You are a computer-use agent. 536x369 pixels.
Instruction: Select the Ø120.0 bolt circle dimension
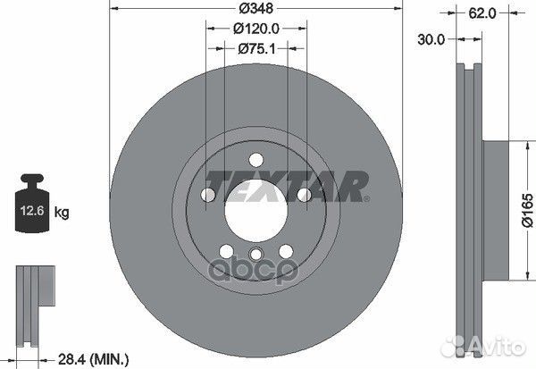[x=255, y=29]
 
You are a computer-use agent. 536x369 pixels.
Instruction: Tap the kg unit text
[x=63, y=213]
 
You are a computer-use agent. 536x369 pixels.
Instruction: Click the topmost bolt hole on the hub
[x=255, y=160]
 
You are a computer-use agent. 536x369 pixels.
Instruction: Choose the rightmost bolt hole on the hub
[x=304, y=196]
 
